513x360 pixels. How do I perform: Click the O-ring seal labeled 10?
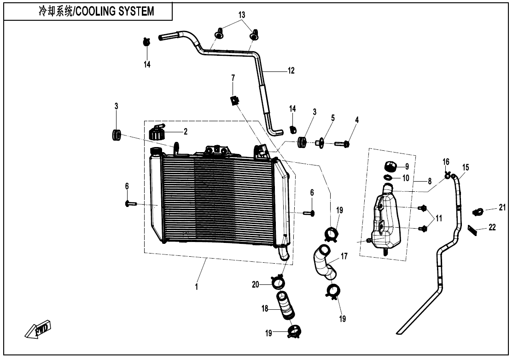tap(389, 177)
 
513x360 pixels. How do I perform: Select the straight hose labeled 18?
tap(286, 305)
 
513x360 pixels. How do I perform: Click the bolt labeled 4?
tap(342, 144)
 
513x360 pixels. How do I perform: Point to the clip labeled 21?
tap(478, 212)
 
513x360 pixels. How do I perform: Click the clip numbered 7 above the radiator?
tap(235, 99)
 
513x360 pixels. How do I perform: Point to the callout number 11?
tap(438, 218)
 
